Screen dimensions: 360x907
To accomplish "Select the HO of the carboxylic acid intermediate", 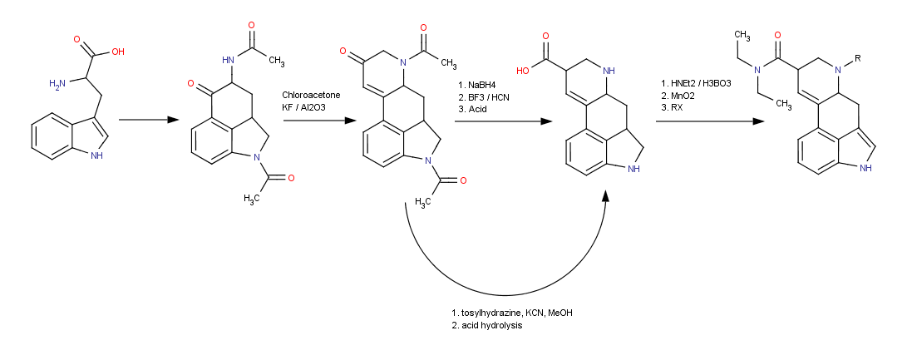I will point(522,71).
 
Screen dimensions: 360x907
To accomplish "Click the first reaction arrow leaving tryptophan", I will point(150,121).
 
